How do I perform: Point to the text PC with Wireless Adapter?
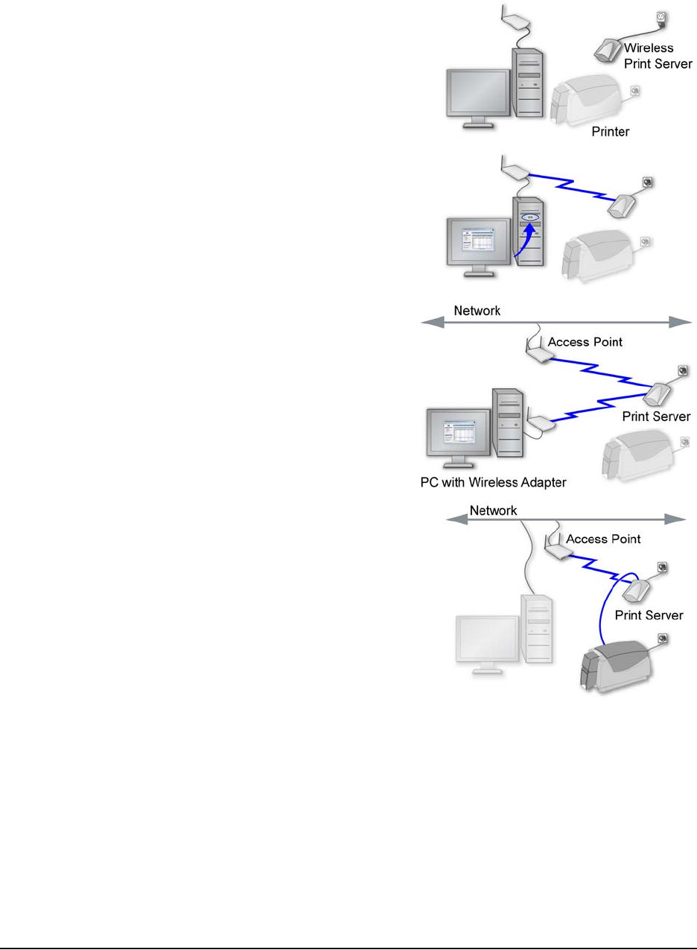489,483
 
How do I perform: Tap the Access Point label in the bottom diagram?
602,539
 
